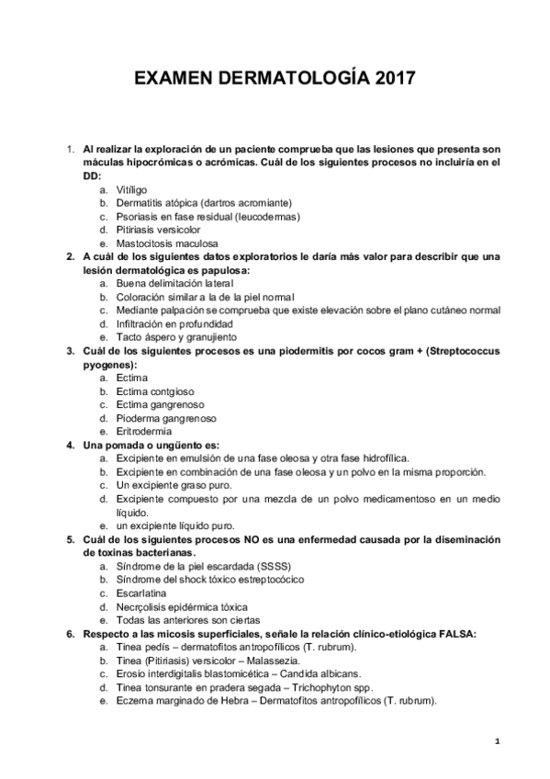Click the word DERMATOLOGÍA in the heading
coord(287,80)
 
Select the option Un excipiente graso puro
coord(174,484)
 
